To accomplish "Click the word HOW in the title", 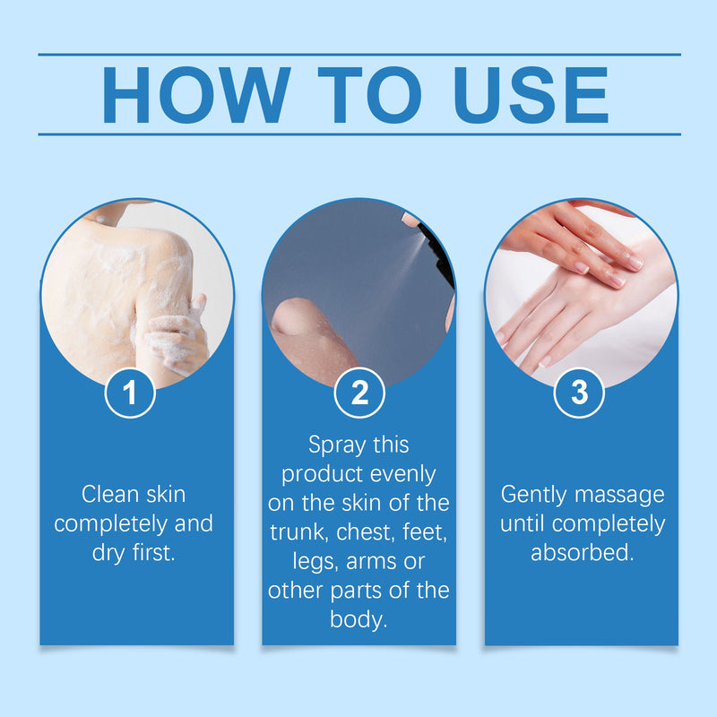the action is (196, 95).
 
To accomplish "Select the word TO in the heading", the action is (369, 95).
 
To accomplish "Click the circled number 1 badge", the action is (130, 393).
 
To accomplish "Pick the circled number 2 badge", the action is (359, 393).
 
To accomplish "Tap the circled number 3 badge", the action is (579, 393).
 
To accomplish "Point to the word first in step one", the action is (154, 552).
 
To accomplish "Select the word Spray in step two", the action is (337, 445).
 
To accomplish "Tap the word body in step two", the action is (358, 620).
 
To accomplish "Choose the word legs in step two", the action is (315, 563).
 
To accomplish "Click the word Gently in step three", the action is (533, 496).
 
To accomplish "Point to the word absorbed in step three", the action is (582, 552).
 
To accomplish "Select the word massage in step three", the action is (619, 496).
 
